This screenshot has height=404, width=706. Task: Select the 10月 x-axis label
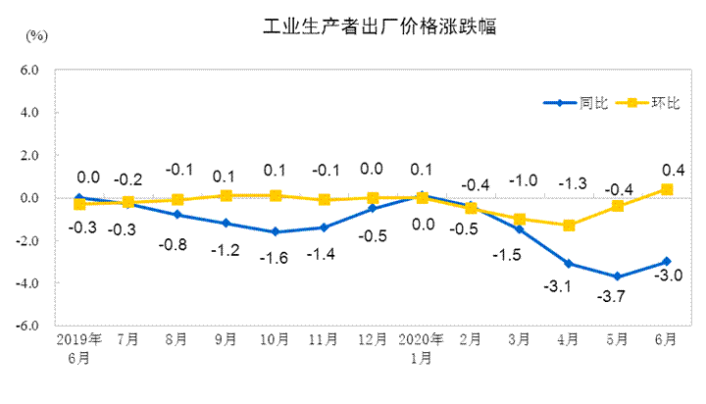(275, 340)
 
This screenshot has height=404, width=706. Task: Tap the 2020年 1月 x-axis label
(422, 348)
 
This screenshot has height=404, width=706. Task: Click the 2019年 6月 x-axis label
(79, 348)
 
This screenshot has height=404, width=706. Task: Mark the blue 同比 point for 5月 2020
(618, 277)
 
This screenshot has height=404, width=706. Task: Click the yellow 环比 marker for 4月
(569, 226)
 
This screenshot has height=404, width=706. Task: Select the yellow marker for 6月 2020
(667, 189)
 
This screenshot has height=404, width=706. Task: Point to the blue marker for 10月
(275, 231)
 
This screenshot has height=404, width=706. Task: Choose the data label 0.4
(673, 168)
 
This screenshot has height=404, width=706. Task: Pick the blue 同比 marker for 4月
(569, 264)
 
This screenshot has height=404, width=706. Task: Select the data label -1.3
(572, 183)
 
